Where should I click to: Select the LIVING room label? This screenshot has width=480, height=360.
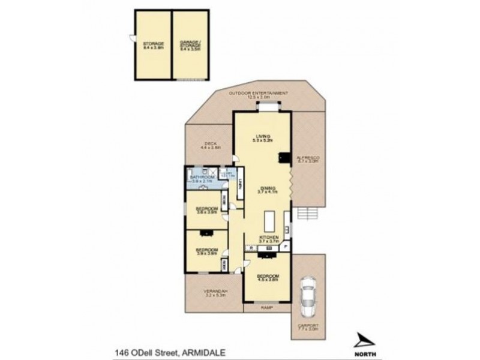tap(262, 137)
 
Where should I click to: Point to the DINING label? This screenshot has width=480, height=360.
tap(264, 188)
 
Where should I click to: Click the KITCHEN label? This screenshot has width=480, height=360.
tap(269, 238)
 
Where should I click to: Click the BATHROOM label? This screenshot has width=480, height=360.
tap(202, 178)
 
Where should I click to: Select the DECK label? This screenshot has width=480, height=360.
tap(209, 144)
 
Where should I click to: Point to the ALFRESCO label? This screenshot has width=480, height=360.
tap(309, 158)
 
